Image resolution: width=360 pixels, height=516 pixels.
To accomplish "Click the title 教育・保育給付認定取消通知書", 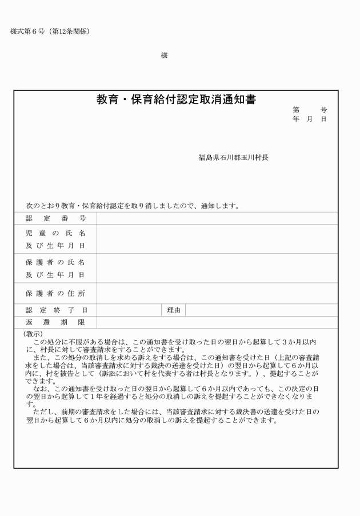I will point(176,99).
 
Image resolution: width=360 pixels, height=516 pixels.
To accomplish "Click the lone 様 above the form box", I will point(165,55).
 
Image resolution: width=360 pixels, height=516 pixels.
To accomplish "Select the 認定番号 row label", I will point(55,218).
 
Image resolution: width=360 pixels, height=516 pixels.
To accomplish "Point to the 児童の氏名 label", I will point(55,234).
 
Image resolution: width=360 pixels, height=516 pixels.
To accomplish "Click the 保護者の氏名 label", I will point(55,263).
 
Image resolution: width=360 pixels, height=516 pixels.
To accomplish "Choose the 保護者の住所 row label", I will point(55,294).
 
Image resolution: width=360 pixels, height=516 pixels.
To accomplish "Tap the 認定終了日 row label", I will point(55,310).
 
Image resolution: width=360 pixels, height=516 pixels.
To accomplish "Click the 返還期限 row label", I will point(55,323).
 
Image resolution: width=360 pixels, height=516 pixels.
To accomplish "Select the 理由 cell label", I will point(174,310).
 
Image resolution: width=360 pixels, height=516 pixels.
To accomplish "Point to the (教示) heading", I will point(33,334).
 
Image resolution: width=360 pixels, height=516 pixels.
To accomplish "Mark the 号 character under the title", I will point(324,110).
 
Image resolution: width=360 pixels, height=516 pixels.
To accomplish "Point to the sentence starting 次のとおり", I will point(132,206).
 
